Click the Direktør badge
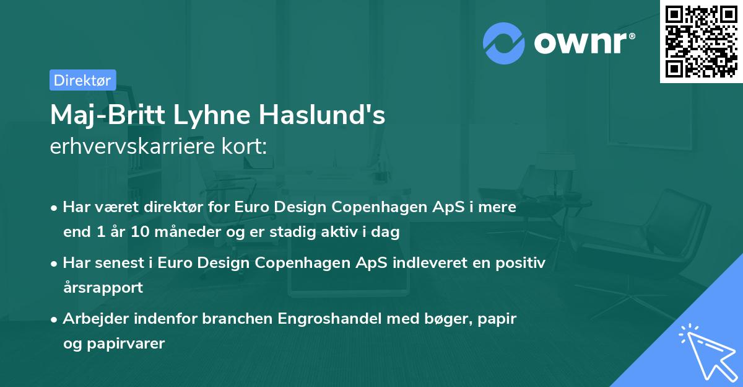82,80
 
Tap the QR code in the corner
701,42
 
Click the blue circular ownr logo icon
503,42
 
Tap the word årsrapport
103,288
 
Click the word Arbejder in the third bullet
92,319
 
